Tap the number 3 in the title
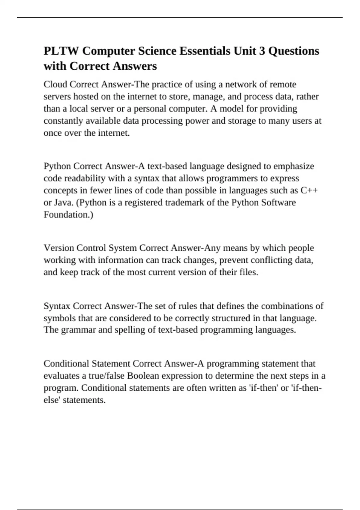point(262,51)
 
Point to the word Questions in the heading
point(294,51)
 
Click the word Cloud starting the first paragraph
point(55,84)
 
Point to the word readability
point(85,178)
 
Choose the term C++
point(309,190)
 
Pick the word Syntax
point(57,306)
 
